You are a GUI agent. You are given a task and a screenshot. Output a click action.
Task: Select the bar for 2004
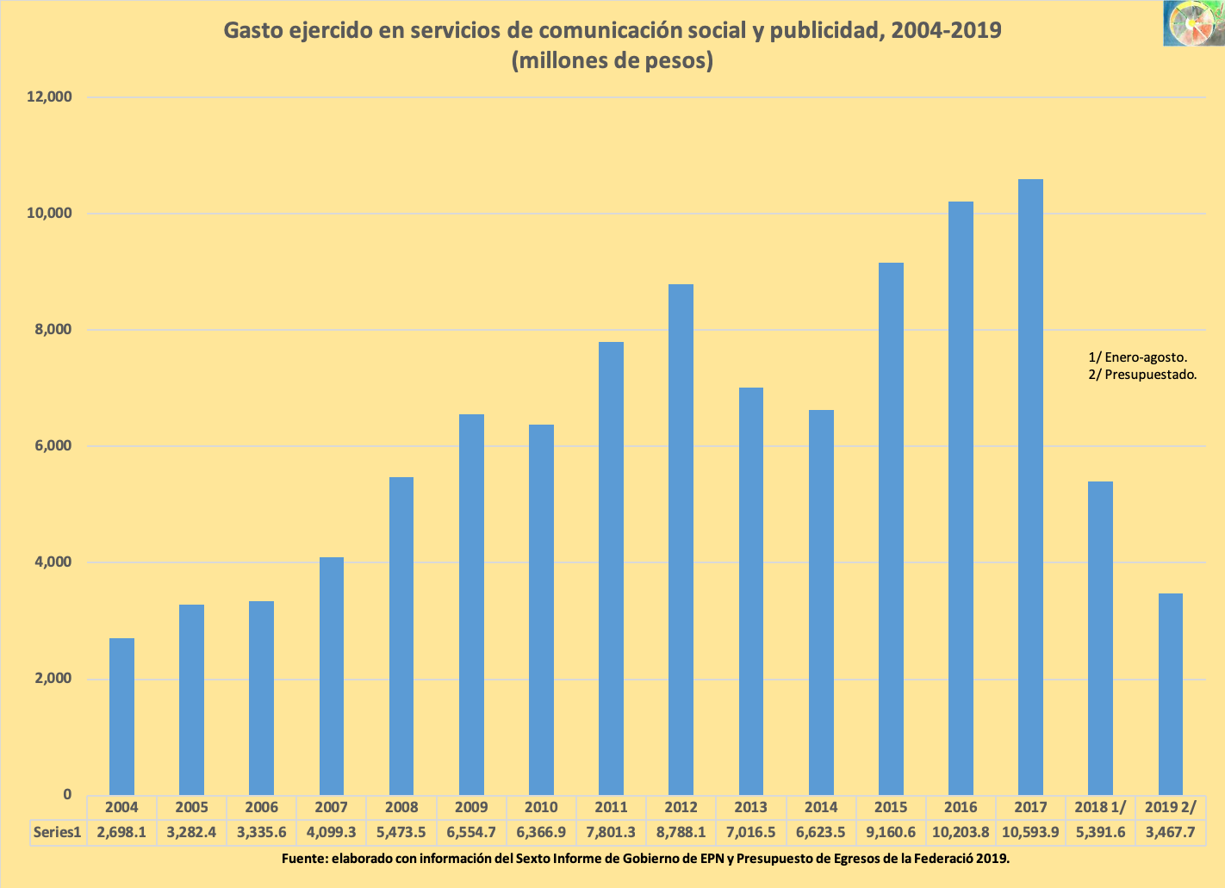pos(121,716)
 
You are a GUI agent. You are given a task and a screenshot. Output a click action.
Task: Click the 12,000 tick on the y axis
pos(49,97)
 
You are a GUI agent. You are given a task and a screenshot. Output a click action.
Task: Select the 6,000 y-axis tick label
pos(49,446)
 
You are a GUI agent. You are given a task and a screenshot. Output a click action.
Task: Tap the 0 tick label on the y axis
pos(66,795)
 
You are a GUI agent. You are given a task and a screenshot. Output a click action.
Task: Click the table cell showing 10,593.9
pos(1030,832)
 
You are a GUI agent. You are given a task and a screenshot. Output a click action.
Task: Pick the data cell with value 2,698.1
pos(121,832)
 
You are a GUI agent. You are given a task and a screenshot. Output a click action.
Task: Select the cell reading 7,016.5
pos(750,832)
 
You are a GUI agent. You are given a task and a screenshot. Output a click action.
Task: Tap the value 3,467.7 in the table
pos(1170,832)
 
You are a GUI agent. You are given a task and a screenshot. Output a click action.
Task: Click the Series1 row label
pos(58,832)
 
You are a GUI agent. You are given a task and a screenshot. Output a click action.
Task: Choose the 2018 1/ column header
pos(1100,807)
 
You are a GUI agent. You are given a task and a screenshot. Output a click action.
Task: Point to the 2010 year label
pos(541,807)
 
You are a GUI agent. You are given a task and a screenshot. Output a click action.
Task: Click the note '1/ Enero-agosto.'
pos(1137,357)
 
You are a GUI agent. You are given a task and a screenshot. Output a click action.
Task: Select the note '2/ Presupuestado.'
pos(1142,375)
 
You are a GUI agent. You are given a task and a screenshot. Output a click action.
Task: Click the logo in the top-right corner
pos(1192,23)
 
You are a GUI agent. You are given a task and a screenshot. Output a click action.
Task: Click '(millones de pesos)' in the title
pos(612,61)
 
